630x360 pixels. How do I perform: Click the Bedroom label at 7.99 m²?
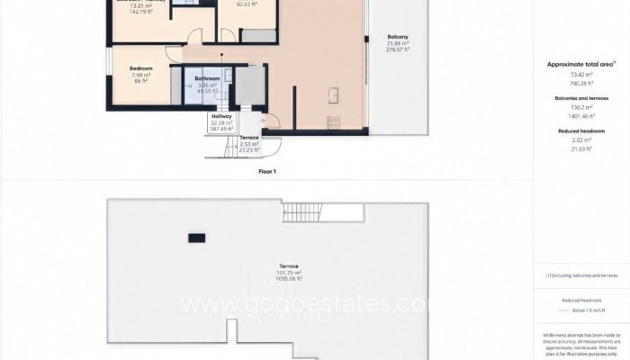[141, 68]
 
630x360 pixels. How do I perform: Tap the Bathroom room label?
[208, 78]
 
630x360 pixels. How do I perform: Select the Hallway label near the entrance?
[221, 116]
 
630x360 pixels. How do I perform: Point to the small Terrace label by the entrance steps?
[248, 138]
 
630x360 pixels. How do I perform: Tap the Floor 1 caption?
[265, 170]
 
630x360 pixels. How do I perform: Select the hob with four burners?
[333, 121]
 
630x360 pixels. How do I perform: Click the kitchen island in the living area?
[333, 93]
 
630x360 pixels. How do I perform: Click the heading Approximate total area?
[581, 64]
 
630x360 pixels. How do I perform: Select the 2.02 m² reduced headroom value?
[581, 139]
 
